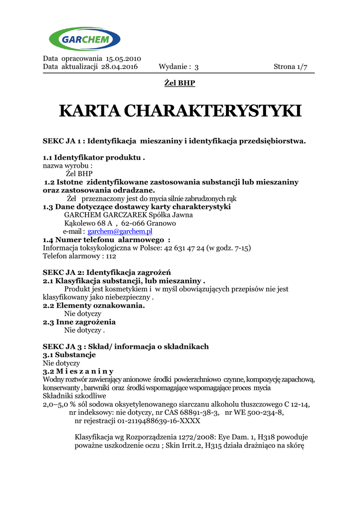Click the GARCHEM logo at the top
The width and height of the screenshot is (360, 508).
coord(84,39)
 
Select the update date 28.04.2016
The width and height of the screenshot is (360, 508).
coord(119,67)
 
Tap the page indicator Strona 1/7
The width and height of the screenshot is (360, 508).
coord(290,67)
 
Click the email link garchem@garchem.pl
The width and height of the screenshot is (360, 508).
coord(120,232)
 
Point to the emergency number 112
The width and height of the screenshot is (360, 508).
coord(111,256)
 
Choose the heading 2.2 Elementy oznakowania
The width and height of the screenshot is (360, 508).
coord(93,306)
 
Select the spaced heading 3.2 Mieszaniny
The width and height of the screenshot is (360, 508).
coord(78,371)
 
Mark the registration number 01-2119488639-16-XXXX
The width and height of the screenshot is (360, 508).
coord(158,421)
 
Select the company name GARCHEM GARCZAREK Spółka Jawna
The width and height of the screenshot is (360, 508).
coord(129,215)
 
